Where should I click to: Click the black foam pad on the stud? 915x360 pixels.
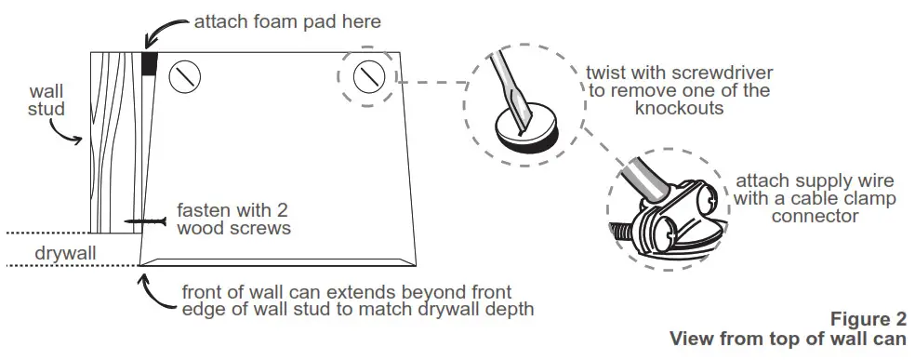point(149,63)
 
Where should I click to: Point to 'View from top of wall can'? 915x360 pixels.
point(786,339)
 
